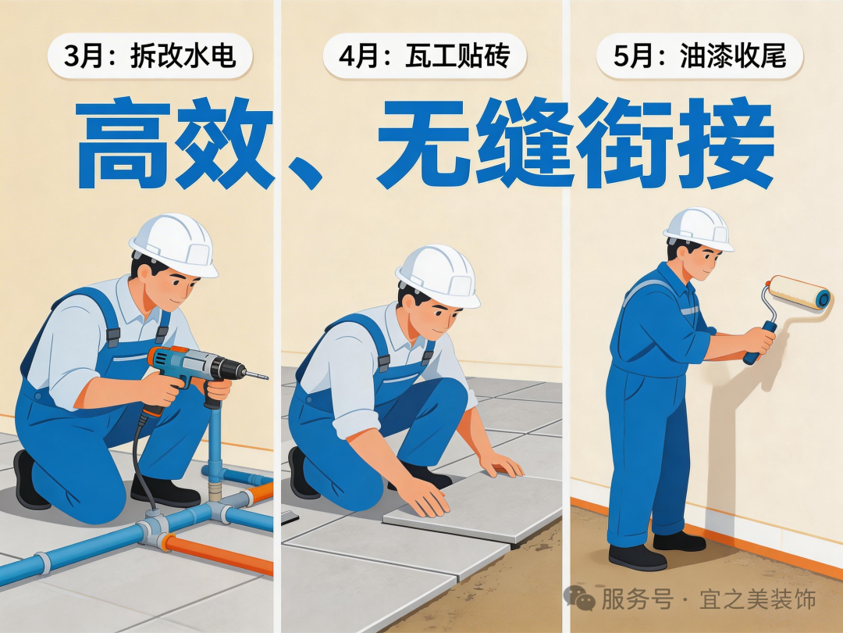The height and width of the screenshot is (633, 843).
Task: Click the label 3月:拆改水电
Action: (150, 56)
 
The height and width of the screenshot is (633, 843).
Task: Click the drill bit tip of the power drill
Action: (265, 377)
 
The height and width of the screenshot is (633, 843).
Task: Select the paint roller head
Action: (799, 292)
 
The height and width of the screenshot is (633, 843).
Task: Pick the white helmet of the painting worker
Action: (698, 227)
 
